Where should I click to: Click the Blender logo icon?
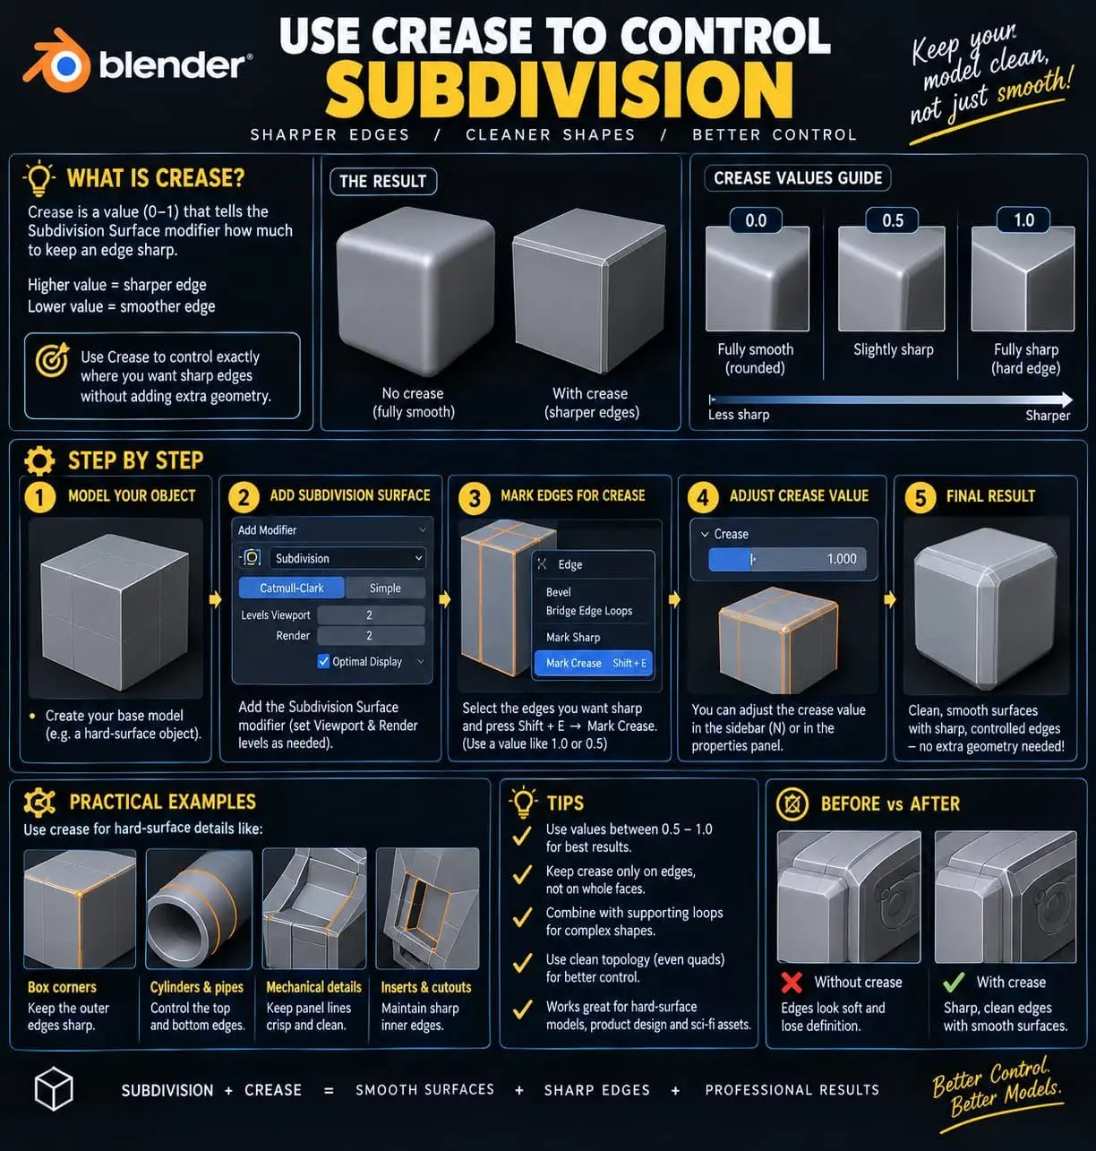tap(57, 60)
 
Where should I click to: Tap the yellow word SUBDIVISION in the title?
tap(559, 90)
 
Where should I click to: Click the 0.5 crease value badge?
tap(892, 220)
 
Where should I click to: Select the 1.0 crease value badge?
tap(1023, 220)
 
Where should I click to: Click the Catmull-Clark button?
tap(292, 588)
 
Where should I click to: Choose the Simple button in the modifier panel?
tap(385, 588)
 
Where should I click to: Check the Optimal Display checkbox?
tap(323, 661)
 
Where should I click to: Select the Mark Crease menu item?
tap(593, 664)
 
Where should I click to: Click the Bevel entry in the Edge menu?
tap(559, 592)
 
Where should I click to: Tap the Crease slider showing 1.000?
tap(787, 559)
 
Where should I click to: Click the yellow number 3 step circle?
tap(475, 498)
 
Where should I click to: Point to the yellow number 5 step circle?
tap(920, 498)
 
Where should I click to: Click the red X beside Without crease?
tap(792, 983)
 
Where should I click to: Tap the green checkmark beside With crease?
tap(954, 982)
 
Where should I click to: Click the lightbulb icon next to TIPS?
tap(523, 803)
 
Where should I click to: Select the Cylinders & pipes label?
tap(197, 987)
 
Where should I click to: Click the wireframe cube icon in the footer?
tap(54, 1088)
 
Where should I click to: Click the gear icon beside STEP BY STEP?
tap(39, 460)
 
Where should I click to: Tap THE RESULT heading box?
tap(383, 182)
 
